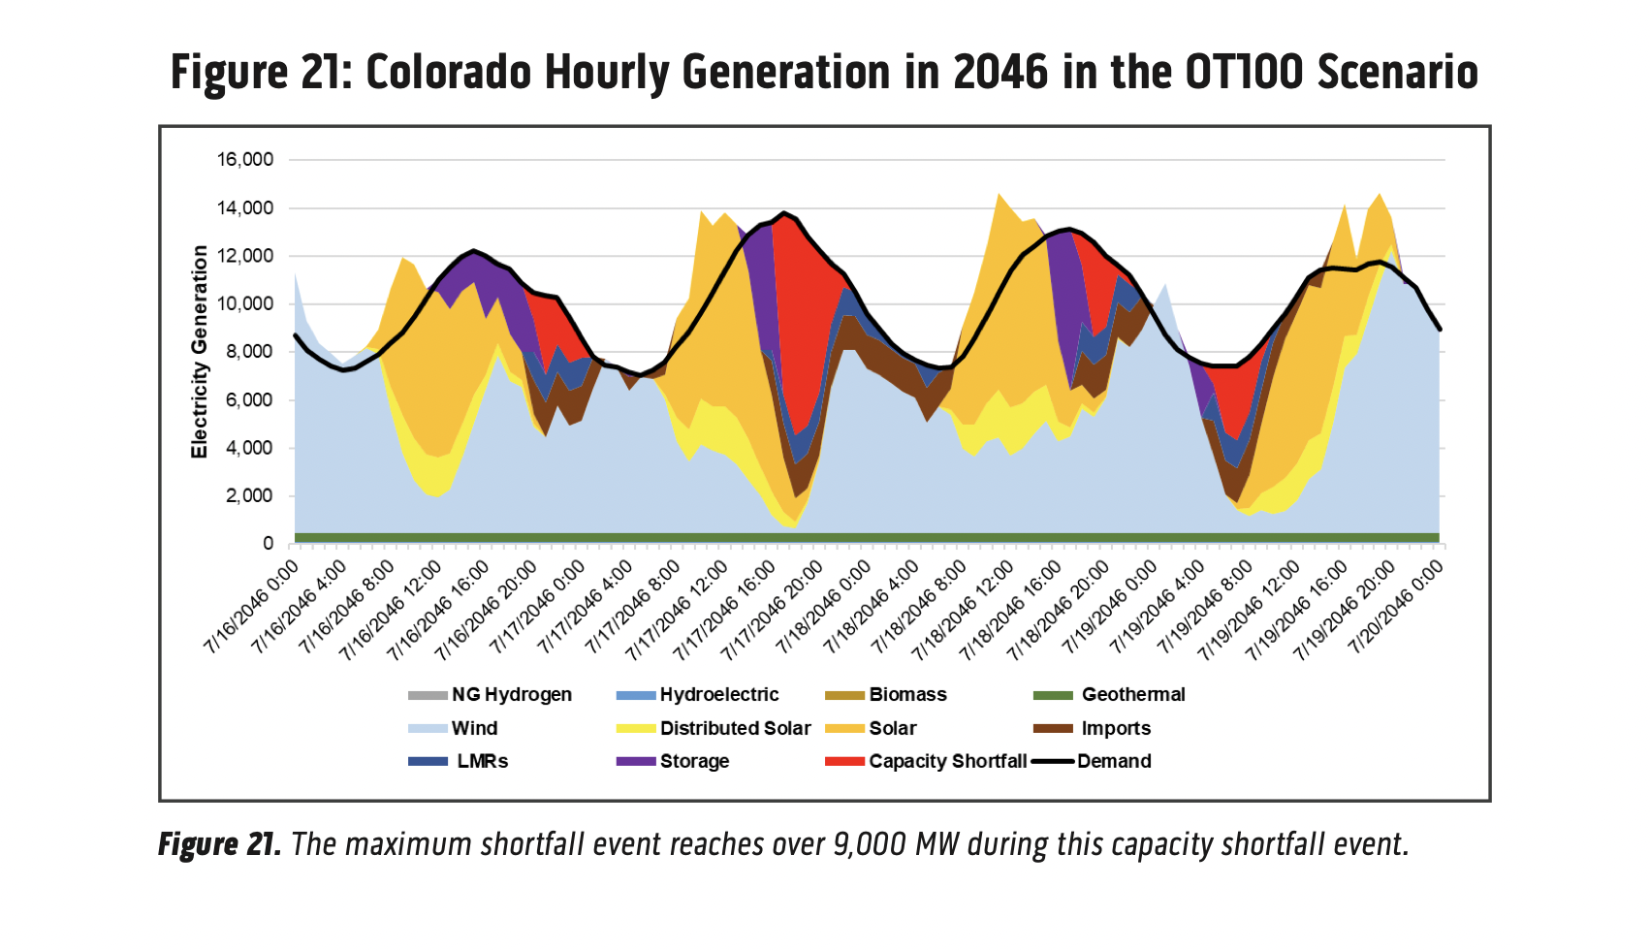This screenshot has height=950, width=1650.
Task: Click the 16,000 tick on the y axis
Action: [x=244, y=160]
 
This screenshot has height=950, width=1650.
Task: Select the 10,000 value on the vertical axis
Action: [x=244, y=304]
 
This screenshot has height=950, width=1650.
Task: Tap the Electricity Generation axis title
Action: [x=200, y=351]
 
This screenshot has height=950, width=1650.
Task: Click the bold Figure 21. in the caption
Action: [x=220, y=844]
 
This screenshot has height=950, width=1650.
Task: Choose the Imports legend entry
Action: [x=1116, y=728]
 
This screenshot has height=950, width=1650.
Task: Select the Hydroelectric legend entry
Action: [x=718, y=694]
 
